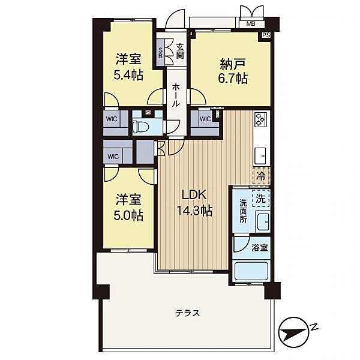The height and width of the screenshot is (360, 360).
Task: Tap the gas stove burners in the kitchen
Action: pos(260,119)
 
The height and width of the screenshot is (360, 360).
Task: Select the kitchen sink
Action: pos(260,156)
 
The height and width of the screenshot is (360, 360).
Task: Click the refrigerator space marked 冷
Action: pos(261,176)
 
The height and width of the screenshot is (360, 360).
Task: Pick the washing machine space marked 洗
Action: pos(261,198)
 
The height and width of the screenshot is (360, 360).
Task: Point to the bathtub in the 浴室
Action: pos(251,271)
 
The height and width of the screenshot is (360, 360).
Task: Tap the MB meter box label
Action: pos(251,23)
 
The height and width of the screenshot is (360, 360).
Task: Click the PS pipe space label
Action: pos(266,35)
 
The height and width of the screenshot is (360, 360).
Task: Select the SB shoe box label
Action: pos(160,53)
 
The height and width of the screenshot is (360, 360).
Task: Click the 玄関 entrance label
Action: pos(180,51)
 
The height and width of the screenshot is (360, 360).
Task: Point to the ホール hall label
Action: pos(176,95)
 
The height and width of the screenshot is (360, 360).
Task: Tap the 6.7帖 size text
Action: pos(233,78)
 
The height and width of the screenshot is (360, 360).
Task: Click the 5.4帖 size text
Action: pos(128,75)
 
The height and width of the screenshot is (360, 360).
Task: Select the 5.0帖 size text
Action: pos(128,215)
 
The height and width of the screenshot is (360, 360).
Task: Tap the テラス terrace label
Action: pos(188,313)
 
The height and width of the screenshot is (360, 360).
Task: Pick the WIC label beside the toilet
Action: pos(112,119)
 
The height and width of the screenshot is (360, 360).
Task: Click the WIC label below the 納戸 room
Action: pos(205,119)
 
